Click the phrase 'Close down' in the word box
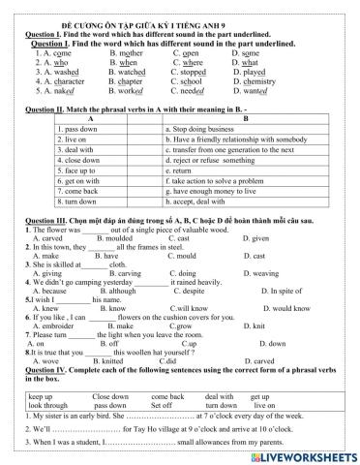tap(110, 397)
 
